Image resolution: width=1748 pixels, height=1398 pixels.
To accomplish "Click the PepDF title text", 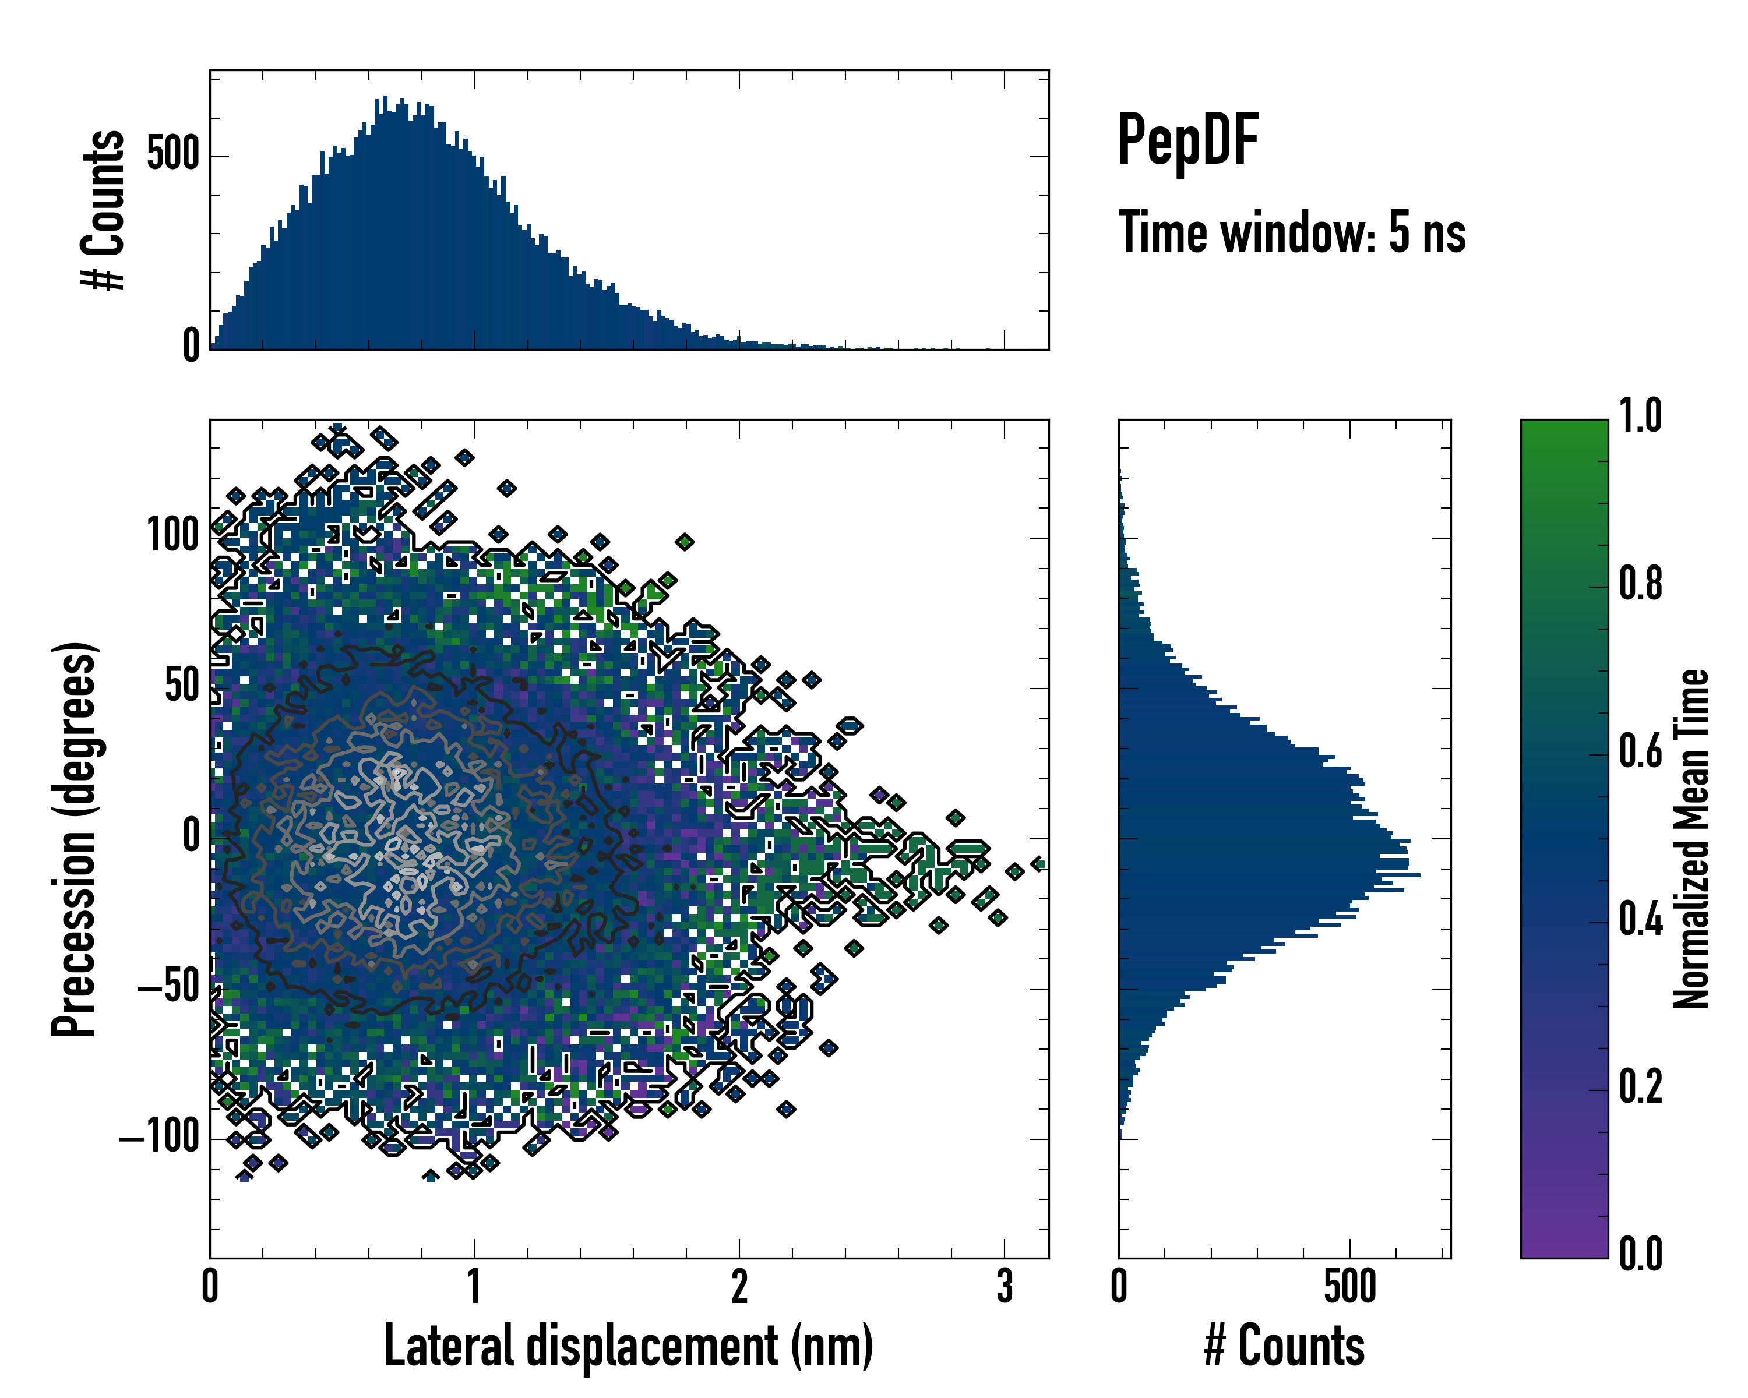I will click(x=1187, y=140).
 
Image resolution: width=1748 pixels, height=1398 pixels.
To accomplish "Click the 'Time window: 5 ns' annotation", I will click(x=1292, y=232).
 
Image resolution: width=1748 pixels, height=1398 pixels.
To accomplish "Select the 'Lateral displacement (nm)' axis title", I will click(x=628, y=1346).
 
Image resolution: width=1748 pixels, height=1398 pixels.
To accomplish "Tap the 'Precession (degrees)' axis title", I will click(x=75, y=839).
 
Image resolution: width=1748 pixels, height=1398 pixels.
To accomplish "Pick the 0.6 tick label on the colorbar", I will click(x=1640, y=751).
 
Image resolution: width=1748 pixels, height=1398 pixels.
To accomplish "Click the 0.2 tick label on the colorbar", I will click(x=1640, y=1087).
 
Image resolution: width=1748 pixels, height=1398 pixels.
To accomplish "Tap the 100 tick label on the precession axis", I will click(x=172, y=536).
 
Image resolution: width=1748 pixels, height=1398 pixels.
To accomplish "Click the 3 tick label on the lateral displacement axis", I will click(x=1005, y=1286).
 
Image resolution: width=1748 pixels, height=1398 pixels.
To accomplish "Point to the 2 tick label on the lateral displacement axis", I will click(x=739, y=1286).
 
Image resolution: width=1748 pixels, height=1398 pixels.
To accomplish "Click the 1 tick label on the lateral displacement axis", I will click(x=474, y=1286).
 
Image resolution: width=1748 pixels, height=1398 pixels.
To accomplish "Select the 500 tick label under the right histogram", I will click(x=1350, y=1286).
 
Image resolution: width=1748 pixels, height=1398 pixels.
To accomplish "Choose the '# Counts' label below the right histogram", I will click(x=1284, y=1346).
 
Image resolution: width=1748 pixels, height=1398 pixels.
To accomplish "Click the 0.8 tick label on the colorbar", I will click(x=1640, y=584).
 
